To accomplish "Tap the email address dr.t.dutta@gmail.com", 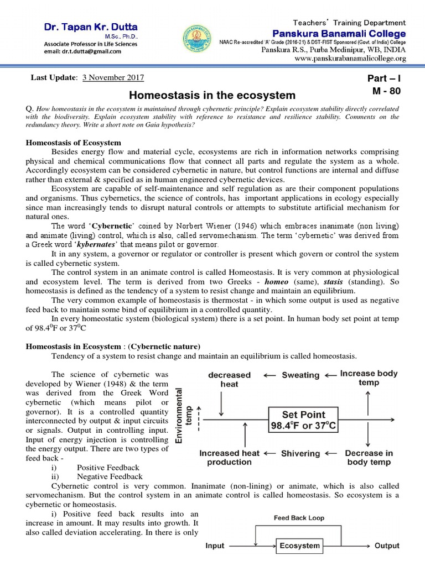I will click(84, 51).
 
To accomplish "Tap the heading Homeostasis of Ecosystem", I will click(74, 143).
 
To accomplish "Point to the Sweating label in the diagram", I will click(301, 375).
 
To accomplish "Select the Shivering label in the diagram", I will click(300, 453).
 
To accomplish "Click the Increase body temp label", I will click(369, 378).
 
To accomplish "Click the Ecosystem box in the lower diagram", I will click(299, 546).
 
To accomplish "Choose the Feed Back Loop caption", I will click(299, 518).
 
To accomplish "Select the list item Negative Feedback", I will click(110, 476).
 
